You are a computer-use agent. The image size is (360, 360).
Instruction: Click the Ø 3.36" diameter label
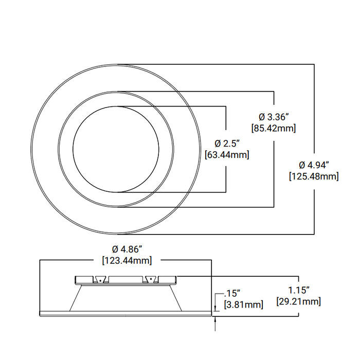tap(273, 116)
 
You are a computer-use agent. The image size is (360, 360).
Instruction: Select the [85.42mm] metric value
tap(273, 128)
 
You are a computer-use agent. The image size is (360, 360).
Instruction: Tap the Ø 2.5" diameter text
tap(227, 143)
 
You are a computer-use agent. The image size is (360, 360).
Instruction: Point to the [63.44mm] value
tap(227, 154)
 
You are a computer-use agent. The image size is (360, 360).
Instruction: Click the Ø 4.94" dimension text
tap(314, 165)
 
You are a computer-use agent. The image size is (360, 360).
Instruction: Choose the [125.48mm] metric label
tap(314, 176)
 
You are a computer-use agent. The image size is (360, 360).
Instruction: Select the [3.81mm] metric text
tap(243, 305)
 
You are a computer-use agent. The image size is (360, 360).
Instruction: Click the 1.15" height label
tap(298, 290)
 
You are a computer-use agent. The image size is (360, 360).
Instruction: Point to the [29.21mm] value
tap(298, 301)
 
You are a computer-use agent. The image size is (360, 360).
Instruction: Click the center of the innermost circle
tap(115, 149)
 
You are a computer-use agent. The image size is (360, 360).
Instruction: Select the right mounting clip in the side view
tap(151, 279)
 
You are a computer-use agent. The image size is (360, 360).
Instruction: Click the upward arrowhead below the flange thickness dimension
tap(216, 319)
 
